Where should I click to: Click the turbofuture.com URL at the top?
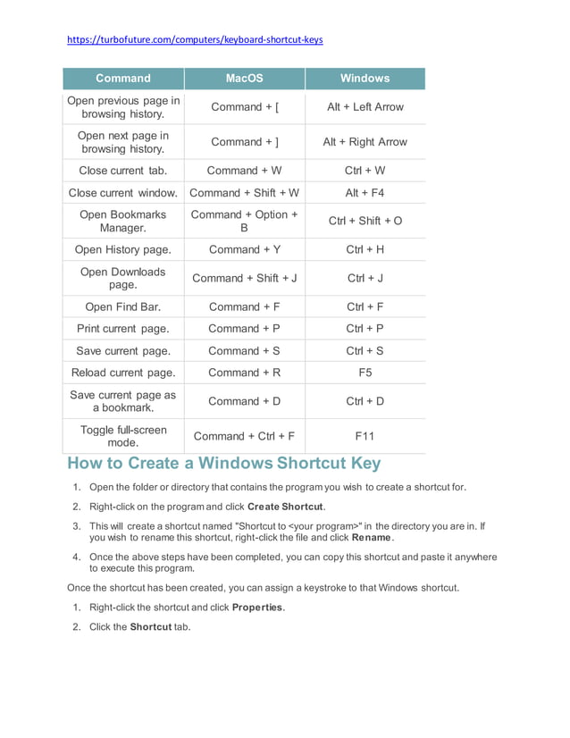(x=195, y=39)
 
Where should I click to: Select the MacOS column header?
(x=244, y=79)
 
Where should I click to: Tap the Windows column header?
(x=365, y=79)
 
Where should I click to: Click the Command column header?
(x=123, y=79)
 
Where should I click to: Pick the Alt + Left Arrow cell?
(x=365, y=107)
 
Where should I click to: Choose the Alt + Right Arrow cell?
(x=365, y=142)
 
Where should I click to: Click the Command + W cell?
(x=244, y=171)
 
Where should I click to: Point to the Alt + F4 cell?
(x=365, y=193)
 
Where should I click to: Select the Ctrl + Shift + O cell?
(x=365, y=221)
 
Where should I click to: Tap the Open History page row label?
(x=123, y=250)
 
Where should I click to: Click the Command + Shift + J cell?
(x=244, y=278)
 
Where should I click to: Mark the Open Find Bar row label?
(x=123, y=307)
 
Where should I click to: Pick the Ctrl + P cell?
(x=365, y=329)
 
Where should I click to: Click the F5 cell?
(x=365, y=373)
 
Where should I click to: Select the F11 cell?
(x=365, y=436)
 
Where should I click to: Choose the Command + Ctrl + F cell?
(x=244, y=436)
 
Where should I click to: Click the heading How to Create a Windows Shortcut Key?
(x=224, y=464)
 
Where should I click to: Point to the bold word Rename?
(x=372, y=538)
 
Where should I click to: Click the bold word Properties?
(x=258, y=608)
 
